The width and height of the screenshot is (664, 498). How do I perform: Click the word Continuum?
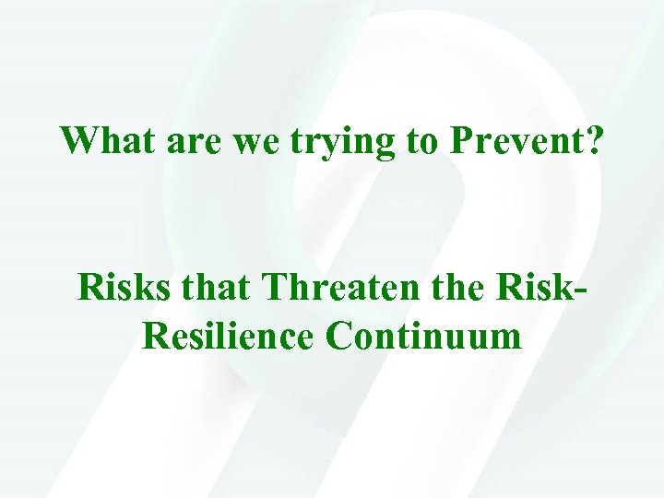tap(423, 336)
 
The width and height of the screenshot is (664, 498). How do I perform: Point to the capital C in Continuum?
tap(338, 336)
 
